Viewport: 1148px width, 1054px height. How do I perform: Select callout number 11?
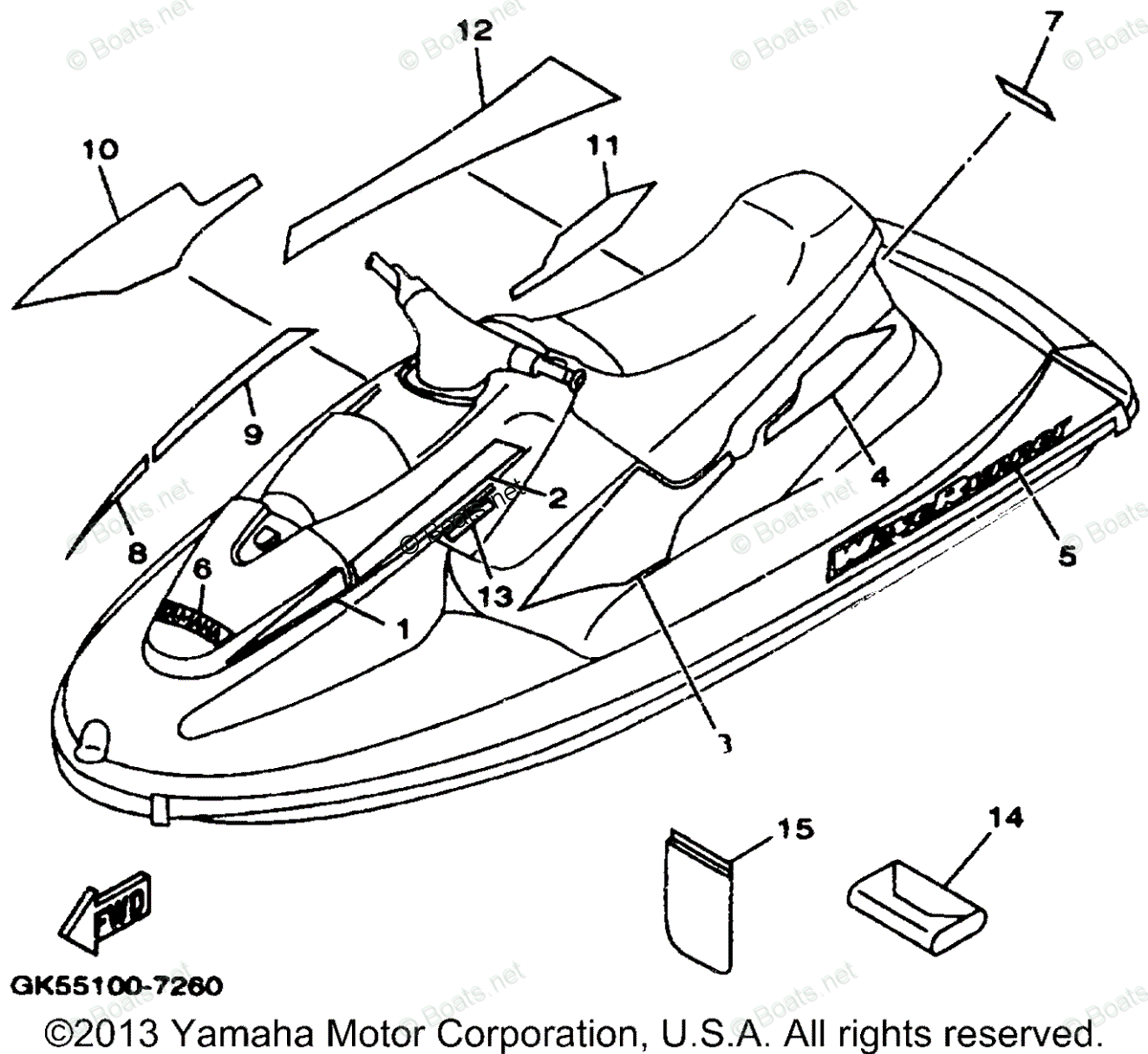604,145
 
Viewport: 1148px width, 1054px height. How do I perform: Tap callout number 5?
1067,554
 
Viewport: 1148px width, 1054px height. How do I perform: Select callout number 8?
138,551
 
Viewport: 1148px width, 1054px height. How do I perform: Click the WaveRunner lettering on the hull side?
947,498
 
